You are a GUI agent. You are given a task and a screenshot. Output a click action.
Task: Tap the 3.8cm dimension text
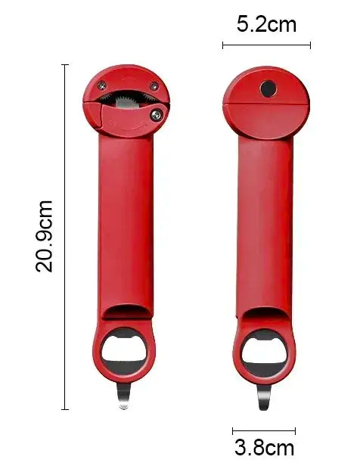coord(264,447)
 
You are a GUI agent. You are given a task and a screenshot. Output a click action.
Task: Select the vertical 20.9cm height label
coord(45,236)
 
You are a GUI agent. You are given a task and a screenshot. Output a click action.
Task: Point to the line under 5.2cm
coord(266,45)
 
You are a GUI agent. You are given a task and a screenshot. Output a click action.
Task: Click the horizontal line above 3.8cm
coord(263,431)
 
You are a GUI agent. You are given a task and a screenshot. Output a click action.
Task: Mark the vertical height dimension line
coord(65,236)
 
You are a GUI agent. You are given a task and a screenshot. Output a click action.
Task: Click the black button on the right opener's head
coord(268,89)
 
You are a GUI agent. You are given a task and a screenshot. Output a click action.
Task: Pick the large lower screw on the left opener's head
coord(157,114)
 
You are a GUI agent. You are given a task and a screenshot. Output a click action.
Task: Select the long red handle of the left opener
coord(126,219)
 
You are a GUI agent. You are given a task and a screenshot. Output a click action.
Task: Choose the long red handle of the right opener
coord(265,219)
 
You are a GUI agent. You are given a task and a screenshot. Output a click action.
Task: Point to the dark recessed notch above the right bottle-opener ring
coord(265,312)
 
